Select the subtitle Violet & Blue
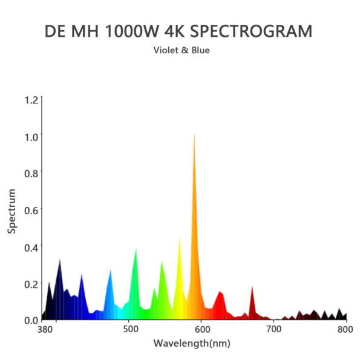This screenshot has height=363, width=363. (x=181, y=51)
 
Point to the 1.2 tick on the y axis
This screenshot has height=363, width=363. (x=31, y=99)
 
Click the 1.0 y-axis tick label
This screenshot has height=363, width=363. (x=31, y=136)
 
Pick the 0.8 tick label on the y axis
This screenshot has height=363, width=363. (x=31, y=173)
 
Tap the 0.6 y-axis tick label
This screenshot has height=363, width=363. (x=31, y=210)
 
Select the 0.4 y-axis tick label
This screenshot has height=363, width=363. (x=31, y=247)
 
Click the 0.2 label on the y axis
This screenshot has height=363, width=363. (x=31, y=284)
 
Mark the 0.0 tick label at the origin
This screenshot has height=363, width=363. (x=31, y=319)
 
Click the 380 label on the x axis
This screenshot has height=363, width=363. (x=44, y=330)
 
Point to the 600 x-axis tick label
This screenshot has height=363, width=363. (x=202, y=330)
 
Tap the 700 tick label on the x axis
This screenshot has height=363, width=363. (x=274, y=330)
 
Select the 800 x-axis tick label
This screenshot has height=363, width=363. (x=345, y=330)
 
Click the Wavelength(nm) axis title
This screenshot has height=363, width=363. (x=192, y=344)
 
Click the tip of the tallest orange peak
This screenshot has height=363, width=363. (x=194, y=134)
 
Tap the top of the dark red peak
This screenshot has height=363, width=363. (x=252, y=287)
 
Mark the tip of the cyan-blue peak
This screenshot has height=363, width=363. (x=110, y=270)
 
